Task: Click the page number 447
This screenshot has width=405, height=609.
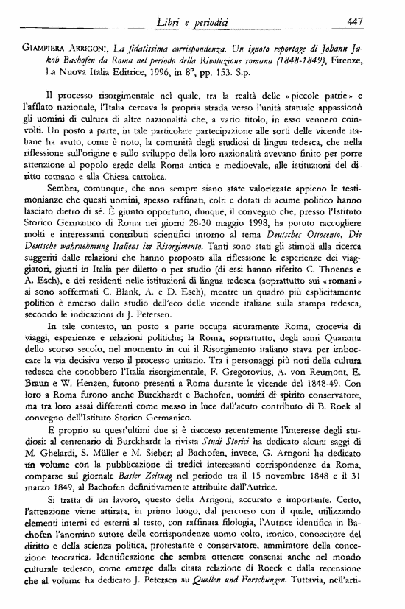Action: click(x=373, y=21)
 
